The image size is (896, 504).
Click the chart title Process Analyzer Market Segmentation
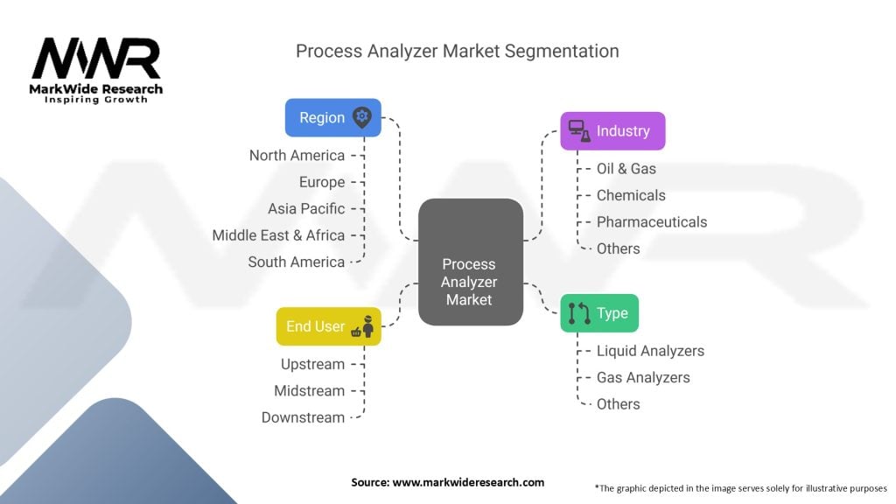[x=457, y=51]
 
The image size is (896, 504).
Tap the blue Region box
[x=332, y=117]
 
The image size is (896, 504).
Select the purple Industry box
[x=612, y=130]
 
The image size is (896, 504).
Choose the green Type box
[x=599, y=312]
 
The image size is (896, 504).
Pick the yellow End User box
[x=328, y=326]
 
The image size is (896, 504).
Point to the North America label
[x=297, y=155]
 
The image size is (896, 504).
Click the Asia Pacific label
[x=306, y=208]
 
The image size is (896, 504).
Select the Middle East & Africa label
[x=278, y=234]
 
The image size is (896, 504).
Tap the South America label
[x=296, y=262]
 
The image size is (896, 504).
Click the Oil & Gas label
[x=626, y=168]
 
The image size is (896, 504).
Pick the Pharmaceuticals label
[x=651, y=221]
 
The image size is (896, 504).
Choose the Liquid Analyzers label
[x=650, y=351]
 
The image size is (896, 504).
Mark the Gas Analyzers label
[x=643, y=377]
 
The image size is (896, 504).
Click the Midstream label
[x=309, y=390]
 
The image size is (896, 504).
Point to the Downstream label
[x=303, y=417]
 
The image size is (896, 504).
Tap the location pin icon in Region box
[x=361, y=117]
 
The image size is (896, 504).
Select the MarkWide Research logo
[x=96, y=68]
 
